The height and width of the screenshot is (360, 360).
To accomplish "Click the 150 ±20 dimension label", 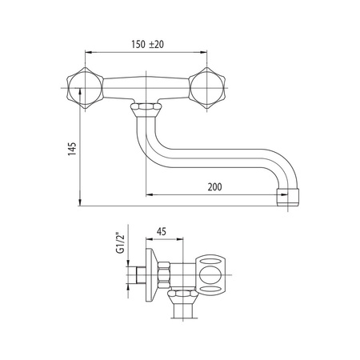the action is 147,44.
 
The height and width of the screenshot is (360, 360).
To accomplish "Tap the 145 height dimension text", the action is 72,149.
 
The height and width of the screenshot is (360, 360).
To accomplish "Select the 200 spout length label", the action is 214,187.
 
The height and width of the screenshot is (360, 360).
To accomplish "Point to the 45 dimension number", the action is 162,231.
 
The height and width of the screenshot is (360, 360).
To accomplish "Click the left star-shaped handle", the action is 85,88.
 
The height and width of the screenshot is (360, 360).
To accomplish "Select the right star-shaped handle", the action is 207,88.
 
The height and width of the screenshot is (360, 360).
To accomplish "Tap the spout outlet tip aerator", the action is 287,198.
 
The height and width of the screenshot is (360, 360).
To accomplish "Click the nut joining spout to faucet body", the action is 146,107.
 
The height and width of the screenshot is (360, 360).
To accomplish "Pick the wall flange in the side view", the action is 151,275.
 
